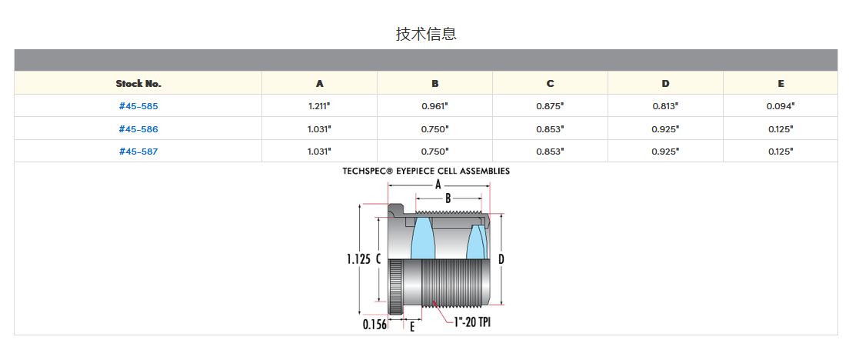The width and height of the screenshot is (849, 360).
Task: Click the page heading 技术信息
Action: click(426, 34)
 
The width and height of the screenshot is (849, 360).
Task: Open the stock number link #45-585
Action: click(138, 106)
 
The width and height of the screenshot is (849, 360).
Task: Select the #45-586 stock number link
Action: click(138, 128)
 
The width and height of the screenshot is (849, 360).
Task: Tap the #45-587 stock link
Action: click(138, 152)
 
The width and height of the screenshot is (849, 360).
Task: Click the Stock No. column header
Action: click(138, 83)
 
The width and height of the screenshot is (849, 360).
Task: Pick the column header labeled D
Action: click(665, 83)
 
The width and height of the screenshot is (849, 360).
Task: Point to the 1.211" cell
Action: click(319, 106)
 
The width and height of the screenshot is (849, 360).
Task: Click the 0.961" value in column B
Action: click(435, 106)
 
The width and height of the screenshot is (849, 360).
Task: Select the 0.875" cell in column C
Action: click(550, 106)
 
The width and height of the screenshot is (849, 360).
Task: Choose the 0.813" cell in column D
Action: click(665, 106)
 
